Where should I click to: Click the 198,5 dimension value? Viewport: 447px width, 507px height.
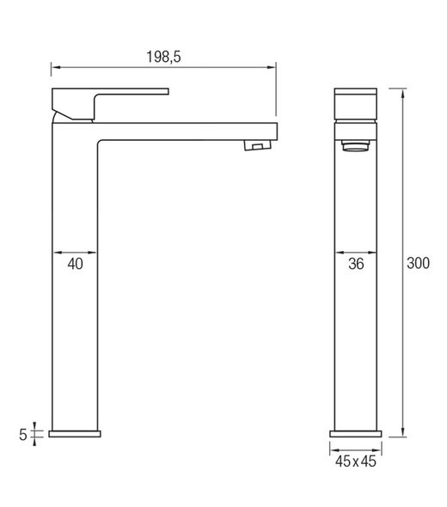162,57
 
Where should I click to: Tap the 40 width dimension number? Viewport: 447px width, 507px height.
75,265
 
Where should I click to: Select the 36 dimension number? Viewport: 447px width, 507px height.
356,265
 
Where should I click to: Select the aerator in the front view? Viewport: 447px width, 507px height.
356,148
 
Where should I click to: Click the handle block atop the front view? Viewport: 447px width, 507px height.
356,102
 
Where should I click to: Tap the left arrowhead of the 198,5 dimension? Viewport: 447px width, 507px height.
55,66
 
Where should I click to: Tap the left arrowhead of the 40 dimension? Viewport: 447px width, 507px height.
57,252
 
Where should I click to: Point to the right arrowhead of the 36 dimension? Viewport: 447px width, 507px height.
376,252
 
